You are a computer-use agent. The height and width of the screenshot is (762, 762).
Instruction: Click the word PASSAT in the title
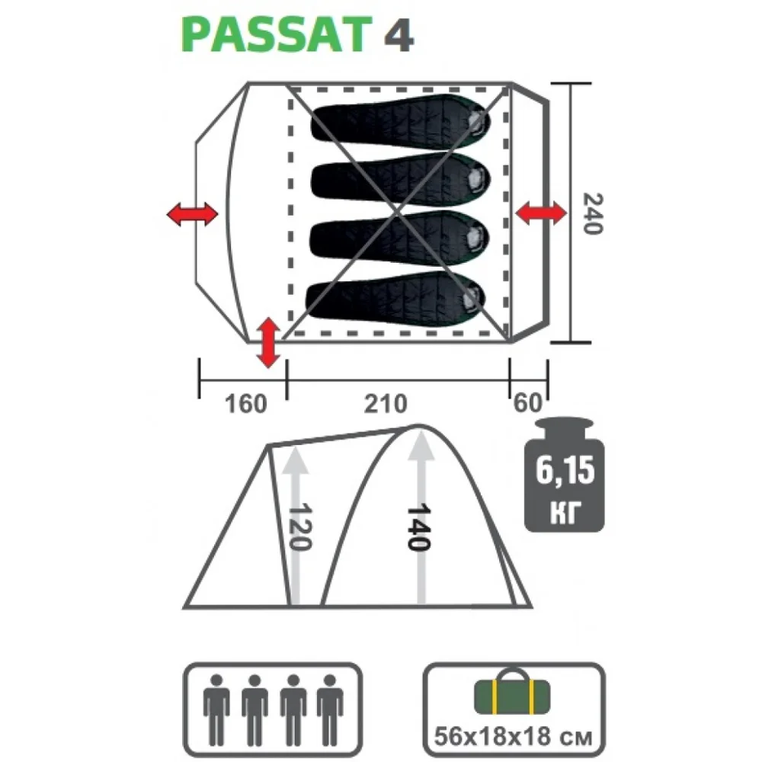(x=277, y=34)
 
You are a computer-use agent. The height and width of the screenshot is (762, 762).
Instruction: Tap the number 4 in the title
(x=399, y=36)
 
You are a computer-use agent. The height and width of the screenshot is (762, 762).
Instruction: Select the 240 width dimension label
(x=593, y=214)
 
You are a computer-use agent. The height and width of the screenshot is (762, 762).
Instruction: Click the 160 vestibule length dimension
(x=246, y=403)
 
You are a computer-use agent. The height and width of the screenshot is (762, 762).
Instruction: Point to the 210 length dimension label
(x=386, y=403)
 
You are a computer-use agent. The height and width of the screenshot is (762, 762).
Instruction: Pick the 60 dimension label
(x=527, y=403)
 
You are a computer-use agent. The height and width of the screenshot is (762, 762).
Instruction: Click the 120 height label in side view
(x=299, y=527)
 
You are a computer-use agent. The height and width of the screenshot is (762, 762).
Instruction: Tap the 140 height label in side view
(x=419, y=527)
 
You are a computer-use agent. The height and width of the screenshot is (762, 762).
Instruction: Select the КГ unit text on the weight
(x=565, y=512)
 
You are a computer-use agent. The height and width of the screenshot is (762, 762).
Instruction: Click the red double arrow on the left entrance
(x=193, y=214)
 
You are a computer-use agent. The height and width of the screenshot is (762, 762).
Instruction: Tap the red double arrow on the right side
(x=541, y=213)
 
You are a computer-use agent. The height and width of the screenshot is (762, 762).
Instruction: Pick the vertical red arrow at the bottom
(x=268, y=342)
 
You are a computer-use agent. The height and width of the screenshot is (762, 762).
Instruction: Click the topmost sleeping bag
(x=401, y=122)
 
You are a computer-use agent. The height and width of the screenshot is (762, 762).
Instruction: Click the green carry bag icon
(x=512, y=693)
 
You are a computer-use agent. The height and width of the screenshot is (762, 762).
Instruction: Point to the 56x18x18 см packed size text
(x=513, y=737)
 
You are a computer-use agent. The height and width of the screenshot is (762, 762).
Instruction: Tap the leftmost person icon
(x=216, y=709)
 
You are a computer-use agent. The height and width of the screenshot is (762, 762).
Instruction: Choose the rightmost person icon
(x=330, y=709)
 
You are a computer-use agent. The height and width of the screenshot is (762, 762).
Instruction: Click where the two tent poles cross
(x=397, y=213)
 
